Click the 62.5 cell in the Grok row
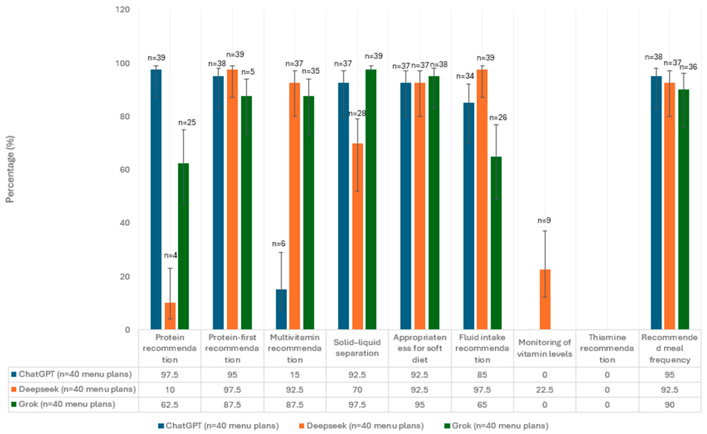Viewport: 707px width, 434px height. pos(170,405)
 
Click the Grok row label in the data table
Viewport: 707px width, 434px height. pos(67,404)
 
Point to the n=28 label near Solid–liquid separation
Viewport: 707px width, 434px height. pos(357,114)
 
